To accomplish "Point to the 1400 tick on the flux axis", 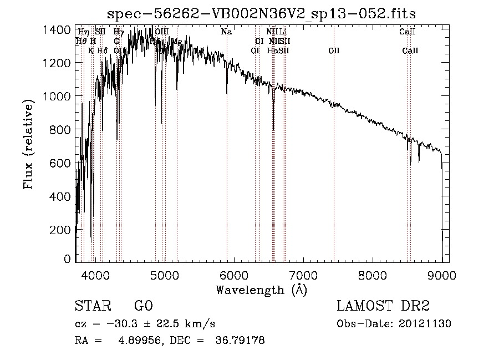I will pos(57,29).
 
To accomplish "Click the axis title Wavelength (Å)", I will pos(261,290).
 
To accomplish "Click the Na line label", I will pos(226,32).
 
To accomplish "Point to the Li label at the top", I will pos(283,32).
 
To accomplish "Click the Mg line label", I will pos(177,41).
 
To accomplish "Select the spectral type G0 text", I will pos(143,306).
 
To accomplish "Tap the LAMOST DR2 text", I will pos(383,306).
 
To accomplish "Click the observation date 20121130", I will pos(426,323).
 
